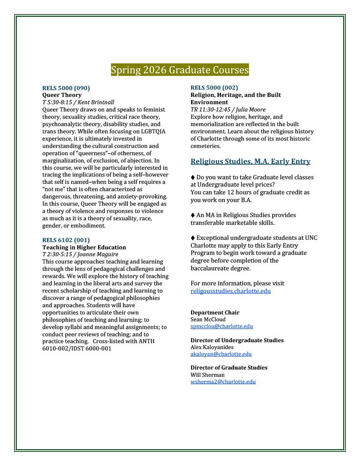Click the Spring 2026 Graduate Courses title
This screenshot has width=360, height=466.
point(180,71)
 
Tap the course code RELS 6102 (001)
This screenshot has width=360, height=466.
point(66,240)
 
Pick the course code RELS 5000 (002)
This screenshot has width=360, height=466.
point(214,87)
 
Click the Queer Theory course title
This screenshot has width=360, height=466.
point(62,95)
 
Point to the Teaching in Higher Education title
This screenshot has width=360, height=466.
point(84,247)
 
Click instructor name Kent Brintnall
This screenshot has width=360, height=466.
point(98,102)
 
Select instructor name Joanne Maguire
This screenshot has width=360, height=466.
point(99,254)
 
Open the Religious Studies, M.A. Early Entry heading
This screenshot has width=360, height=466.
point(250,161)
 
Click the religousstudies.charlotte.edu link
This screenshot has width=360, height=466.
point(230,291)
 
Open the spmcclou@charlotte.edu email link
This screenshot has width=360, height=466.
point(222,326)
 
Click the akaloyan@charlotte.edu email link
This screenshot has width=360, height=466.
point(221,354)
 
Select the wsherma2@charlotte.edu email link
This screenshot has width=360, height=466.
point(223,382)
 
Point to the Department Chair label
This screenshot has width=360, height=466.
point(215,313)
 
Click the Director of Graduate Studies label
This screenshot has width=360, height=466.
point(229,368)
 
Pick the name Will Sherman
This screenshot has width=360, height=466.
point(208,375)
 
